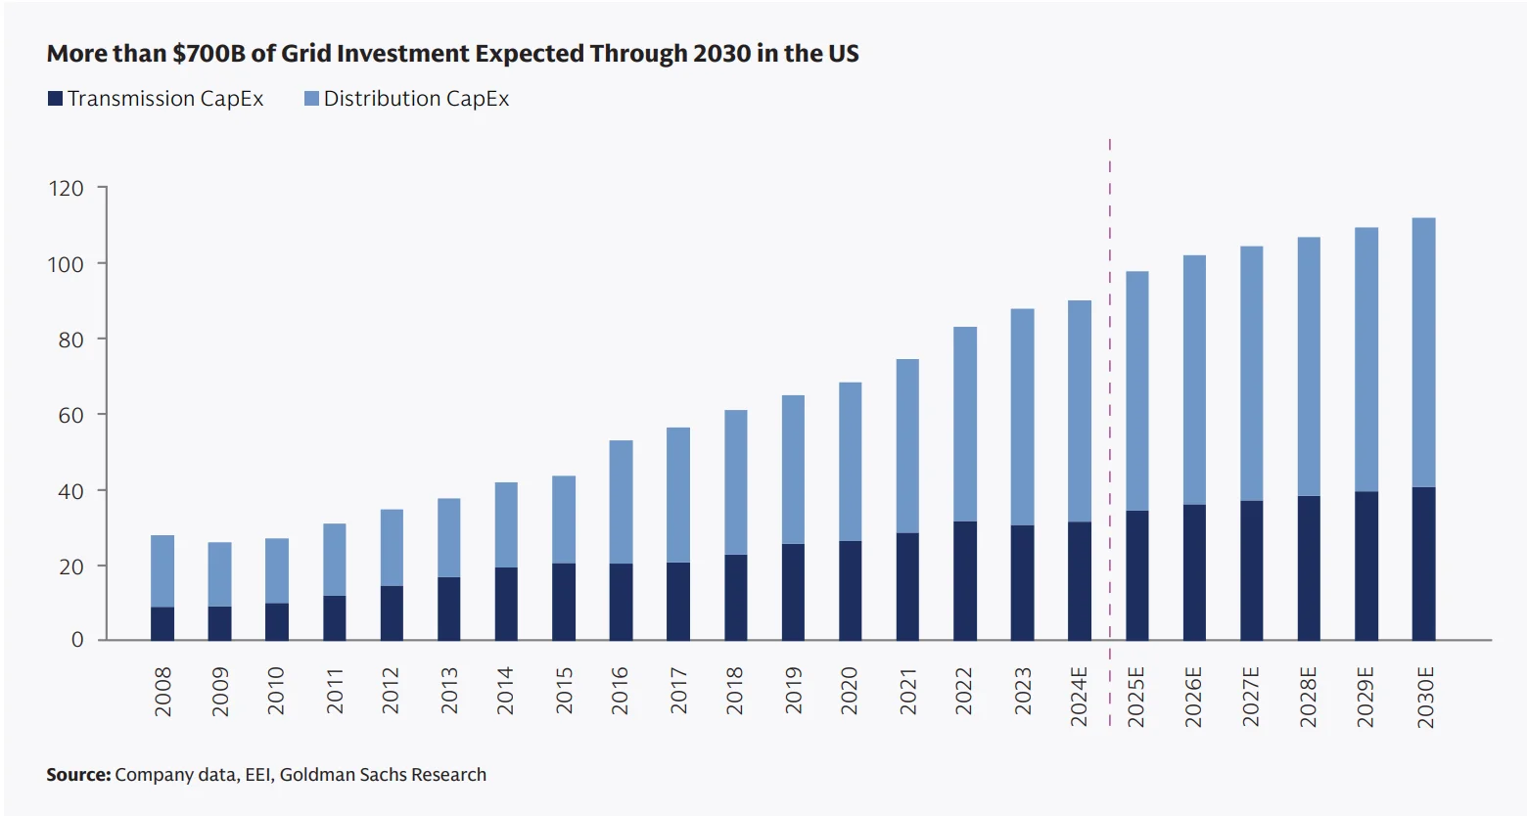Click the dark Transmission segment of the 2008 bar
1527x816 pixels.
[x=162, y=623]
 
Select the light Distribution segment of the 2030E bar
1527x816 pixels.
[x=1423, y=352]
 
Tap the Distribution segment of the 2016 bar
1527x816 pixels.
[x=621, y=502]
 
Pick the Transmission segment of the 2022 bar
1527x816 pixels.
[x=964, y=580]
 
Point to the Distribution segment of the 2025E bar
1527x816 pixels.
[x=1136, y=391]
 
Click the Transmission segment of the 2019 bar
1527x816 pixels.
[x=793, y=592]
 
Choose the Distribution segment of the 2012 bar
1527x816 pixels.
[x=392, y=548]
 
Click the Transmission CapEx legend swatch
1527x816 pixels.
[x=55, y=99]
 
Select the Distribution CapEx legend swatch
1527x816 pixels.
[x=311, y=99]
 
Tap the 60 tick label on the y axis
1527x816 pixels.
[x=70, y=415]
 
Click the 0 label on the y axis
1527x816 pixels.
[x=77, y=640]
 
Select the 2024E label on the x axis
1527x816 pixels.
[x=1079, y=697]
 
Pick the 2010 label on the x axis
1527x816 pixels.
[x=276, y=691]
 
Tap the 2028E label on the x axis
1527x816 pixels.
[x=1309, y=697]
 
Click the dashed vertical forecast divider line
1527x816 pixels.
[x=1109, y=391]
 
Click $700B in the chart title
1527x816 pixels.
[x=209, y=54]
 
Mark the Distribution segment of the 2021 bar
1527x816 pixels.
[x=907, y=446]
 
